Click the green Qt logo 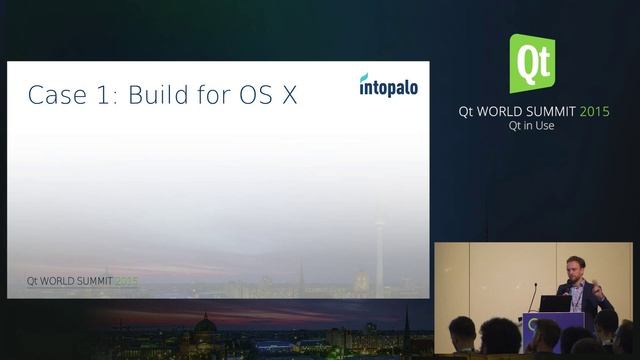(532, 63)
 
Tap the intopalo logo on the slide (388, 85)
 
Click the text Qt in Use (532, 127)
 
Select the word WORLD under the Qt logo (508, 112)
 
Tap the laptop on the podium (554, 302)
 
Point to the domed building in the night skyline (205, 326)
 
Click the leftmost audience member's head (462, 329)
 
